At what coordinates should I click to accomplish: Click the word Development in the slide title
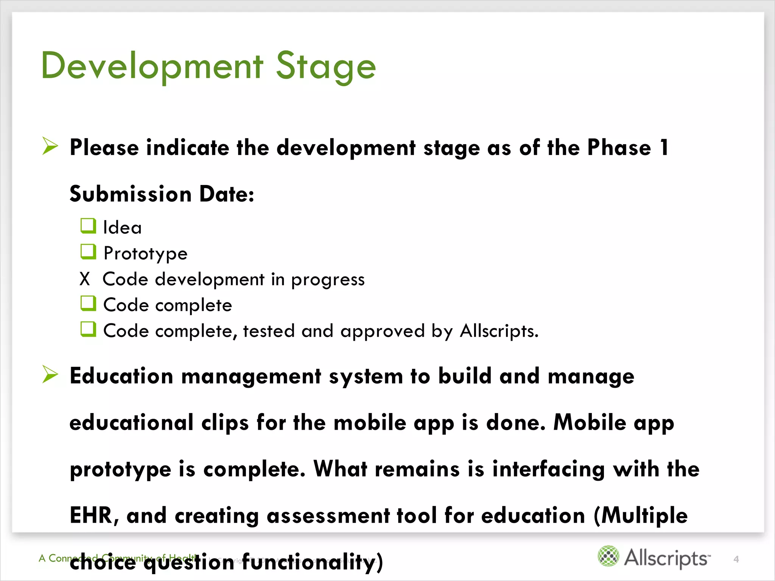(152, 67)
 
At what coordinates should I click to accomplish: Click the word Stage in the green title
(326, 67)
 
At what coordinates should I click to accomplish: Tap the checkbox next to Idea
(88, 226)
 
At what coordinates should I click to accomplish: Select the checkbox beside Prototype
(88, 252)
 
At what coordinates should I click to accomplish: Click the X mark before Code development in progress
(85, 279)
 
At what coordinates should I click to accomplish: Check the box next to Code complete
(88, 303)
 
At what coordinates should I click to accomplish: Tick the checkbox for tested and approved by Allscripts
(88, 329)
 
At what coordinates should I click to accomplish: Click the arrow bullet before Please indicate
(50, 146)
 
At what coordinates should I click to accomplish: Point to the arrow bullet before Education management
(50, 374)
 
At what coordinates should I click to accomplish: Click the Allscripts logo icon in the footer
(608, 556)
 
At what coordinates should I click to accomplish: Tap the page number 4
(736, 559)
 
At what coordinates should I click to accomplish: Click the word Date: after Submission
(227, 194)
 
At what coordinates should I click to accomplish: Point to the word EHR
(93, 515)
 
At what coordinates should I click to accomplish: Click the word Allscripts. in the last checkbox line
(499, 331)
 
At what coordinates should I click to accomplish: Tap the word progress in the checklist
(328, 280)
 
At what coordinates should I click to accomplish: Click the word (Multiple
(641, 516)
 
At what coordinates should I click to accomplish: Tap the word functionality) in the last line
(313, 562)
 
